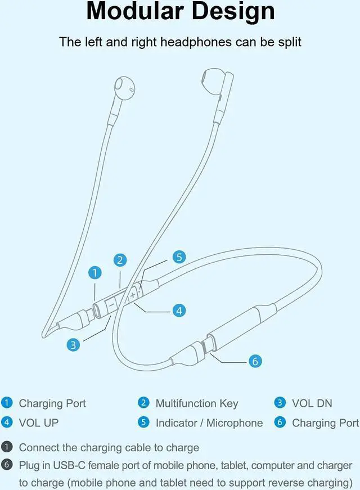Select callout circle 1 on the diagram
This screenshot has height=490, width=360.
[96, 273]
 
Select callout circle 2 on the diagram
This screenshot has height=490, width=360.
[119, 260]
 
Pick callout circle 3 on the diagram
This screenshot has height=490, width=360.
[73, 345]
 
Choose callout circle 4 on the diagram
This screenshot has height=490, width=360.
[179, 310]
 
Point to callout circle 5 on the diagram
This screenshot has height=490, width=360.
[179, 257]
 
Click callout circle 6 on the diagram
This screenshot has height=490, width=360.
[255, 361]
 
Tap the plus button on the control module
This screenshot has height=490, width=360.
[133, 295]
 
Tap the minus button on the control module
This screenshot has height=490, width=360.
[111, 304]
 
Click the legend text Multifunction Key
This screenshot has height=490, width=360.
[197, 403]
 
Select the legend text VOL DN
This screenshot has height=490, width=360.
[312, 403]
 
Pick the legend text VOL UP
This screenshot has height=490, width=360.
[39, 422]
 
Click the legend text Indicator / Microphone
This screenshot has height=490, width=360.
[209, 422]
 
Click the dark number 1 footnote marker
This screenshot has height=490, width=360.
[7, 448]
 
